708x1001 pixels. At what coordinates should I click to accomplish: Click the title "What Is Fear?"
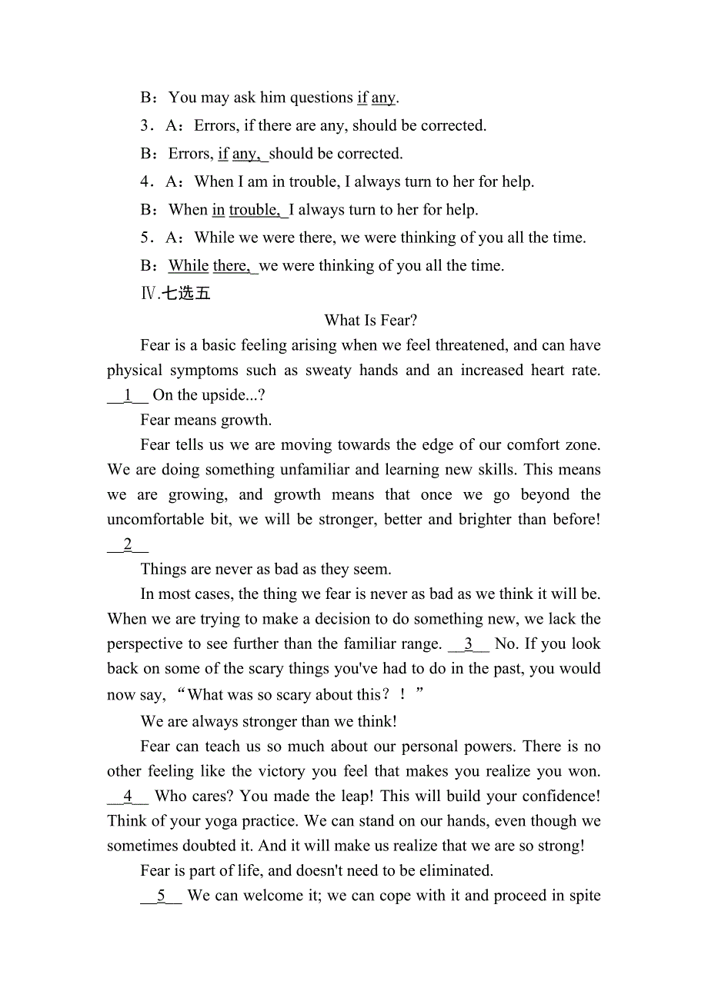point(371,321)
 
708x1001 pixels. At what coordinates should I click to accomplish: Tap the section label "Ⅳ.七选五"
point(175,294)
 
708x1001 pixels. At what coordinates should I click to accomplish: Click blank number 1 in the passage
point(128,395)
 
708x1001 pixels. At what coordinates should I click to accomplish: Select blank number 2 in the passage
point(128,545)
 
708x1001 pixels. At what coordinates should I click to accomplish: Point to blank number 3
point(469,644)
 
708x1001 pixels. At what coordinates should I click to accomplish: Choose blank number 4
point(128,796)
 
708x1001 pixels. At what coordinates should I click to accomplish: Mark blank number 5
point(161,896)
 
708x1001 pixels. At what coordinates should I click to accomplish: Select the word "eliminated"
point(454,871)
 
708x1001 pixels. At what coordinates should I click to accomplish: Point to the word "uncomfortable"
point(158,520)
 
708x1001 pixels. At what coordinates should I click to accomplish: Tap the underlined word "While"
point(189,266)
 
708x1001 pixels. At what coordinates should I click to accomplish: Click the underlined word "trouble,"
point(255,210)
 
